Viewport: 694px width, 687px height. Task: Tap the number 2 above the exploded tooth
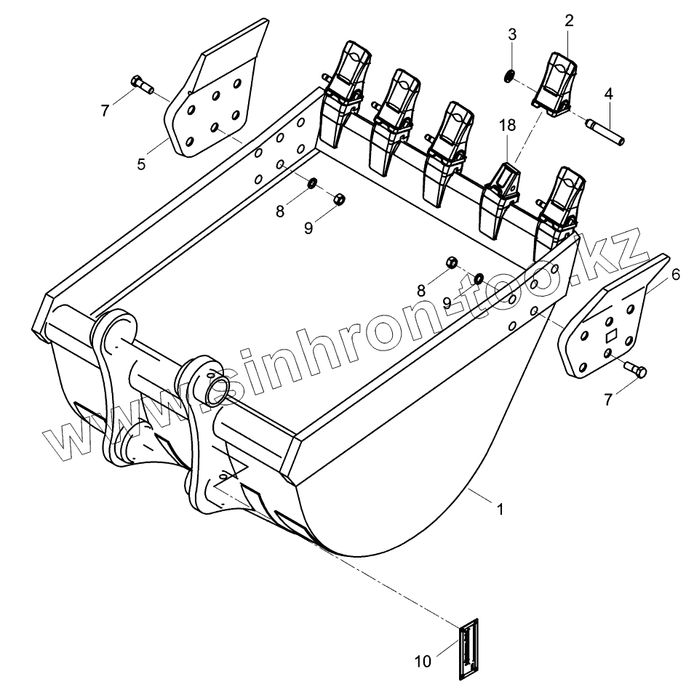[x=569, y=21]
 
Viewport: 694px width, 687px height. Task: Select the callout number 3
[x=512, y=34]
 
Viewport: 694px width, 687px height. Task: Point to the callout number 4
[x=608, y=94]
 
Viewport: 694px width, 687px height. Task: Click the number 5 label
[x=141, y=164]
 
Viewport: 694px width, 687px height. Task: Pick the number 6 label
[x=676, y=274]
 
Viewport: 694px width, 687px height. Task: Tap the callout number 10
[x=423, y=661]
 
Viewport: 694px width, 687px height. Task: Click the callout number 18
[x=507, y=125]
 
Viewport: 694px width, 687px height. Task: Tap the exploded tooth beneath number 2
[x=557, y=84]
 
